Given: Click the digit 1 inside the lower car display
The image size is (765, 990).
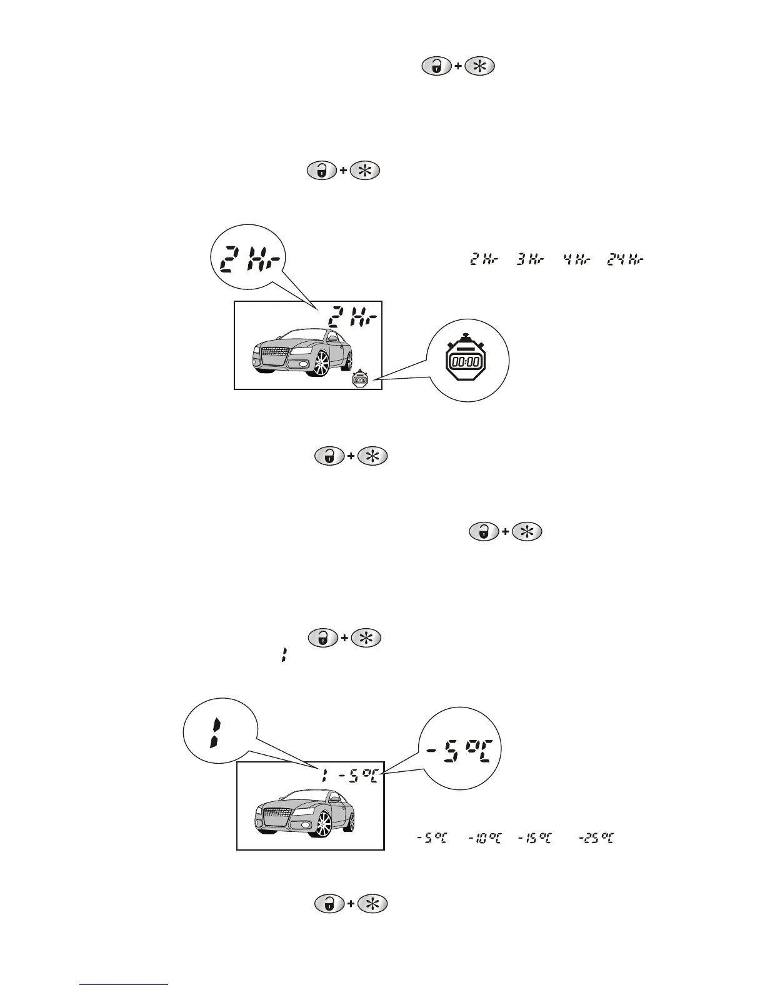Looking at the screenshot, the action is click(324, 777).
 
